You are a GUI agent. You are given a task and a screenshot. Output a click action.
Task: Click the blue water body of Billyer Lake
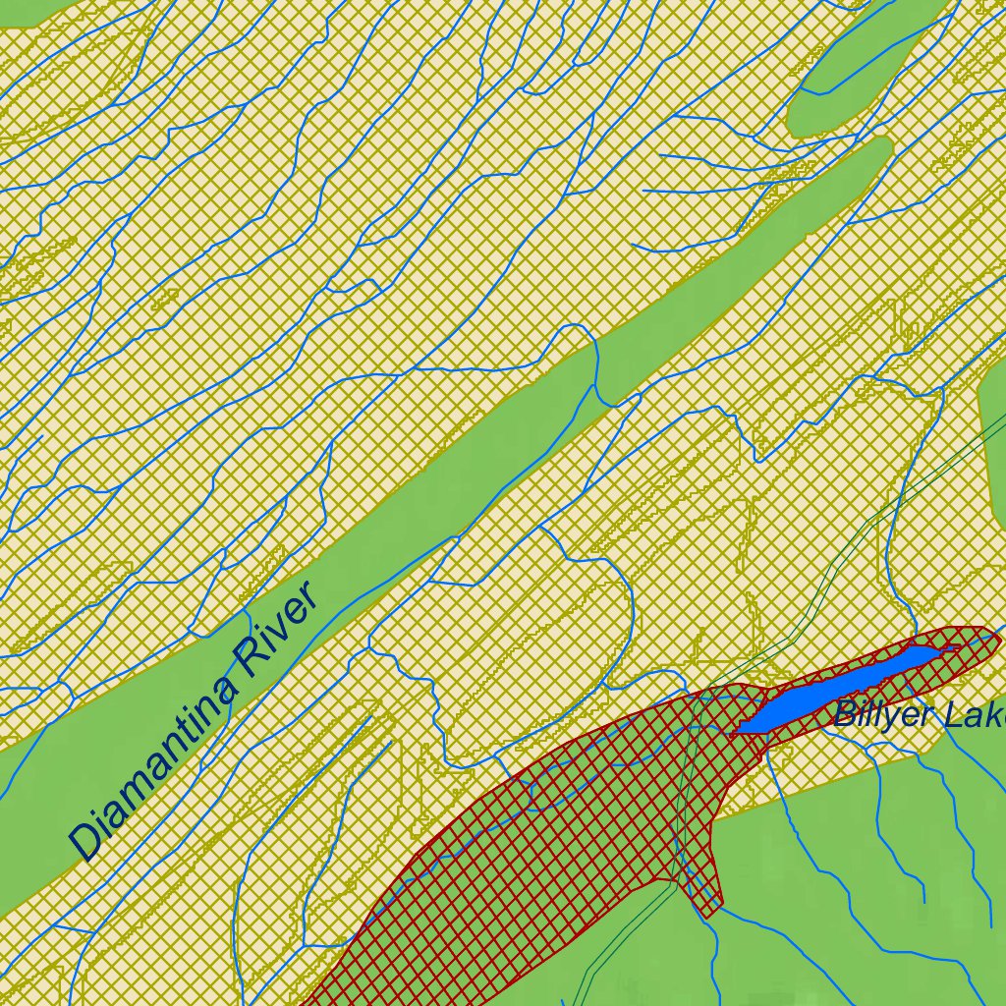pos(835,693)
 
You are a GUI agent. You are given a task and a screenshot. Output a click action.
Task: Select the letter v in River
pos(278,629)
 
